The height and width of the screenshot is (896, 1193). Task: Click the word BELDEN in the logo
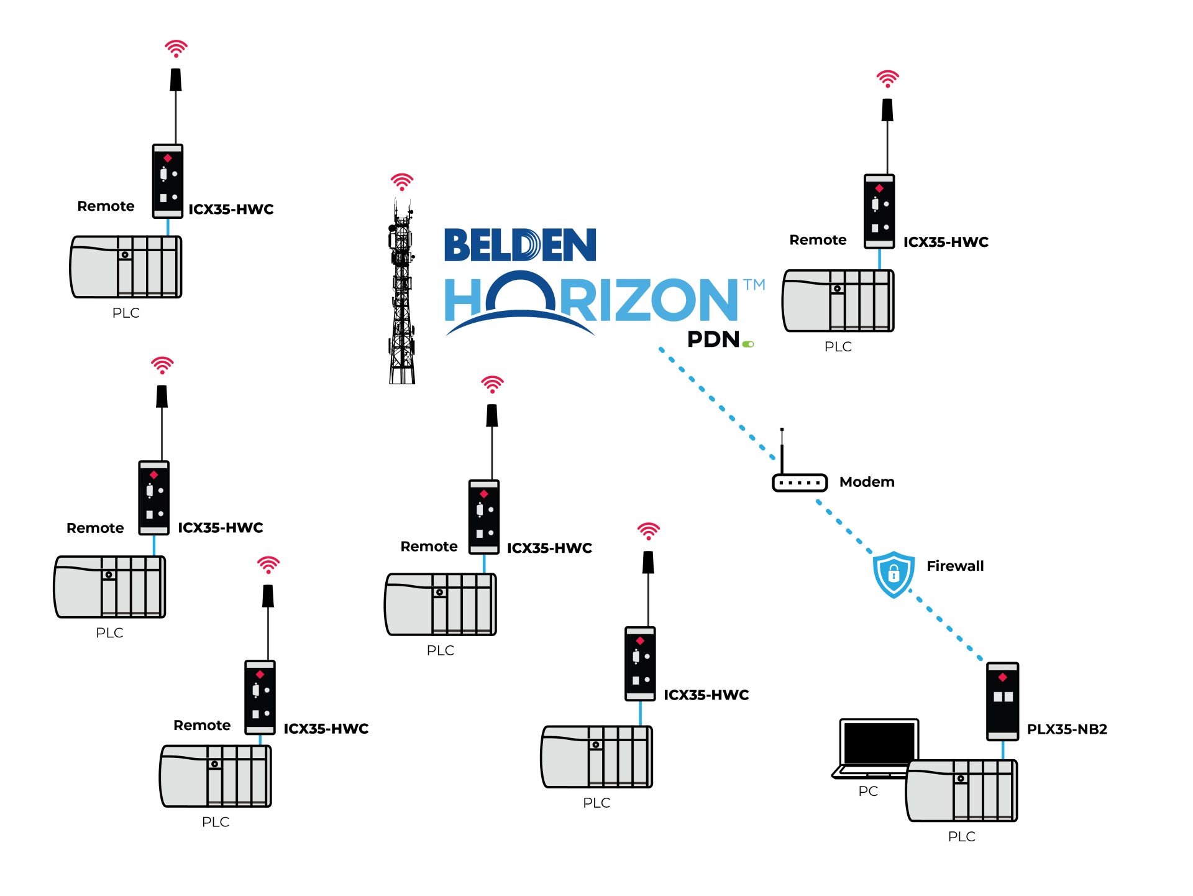point(520,245)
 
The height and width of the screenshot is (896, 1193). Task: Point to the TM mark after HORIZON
point(754,285)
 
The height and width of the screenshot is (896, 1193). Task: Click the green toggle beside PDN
point(748,344)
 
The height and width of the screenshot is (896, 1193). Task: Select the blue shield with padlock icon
point(894,573)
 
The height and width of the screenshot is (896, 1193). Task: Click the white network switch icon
point(800,483)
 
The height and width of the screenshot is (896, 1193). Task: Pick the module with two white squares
point(1002,701)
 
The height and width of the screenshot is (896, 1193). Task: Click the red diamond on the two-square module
point(1002,677)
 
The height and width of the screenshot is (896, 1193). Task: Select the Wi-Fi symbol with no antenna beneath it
point(402,181)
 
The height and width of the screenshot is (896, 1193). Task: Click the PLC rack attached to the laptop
point(961,790)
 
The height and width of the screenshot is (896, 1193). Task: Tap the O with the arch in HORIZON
point(520,295)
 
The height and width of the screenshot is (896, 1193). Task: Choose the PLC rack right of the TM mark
point(838,301)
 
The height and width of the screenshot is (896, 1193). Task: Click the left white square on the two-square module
point(997,697)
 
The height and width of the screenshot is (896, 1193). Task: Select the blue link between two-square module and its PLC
point(1002,750)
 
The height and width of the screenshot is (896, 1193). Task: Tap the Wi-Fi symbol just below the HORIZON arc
point(493,384)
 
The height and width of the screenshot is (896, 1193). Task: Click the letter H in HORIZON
point(462,300)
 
